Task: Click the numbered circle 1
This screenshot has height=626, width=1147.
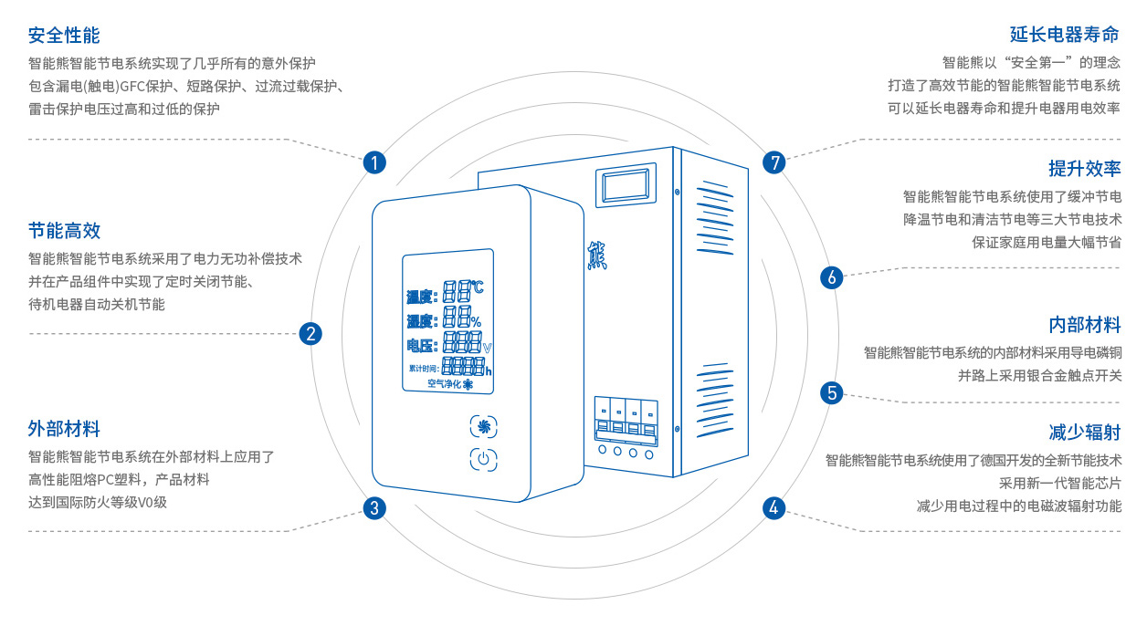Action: pos(374,163)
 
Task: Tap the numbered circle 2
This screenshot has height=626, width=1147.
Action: pos(311,334)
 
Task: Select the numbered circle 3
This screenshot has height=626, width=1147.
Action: pos(374,508)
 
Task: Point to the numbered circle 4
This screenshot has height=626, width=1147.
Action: pos(774,508)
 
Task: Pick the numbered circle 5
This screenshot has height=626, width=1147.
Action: pos(831,393)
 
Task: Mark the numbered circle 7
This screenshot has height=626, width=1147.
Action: pos(774,163)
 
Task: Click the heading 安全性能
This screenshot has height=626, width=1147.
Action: pos(64,36)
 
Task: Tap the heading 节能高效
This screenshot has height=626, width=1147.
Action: pos(64,231)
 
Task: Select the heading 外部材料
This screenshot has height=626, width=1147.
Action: pos(64,428)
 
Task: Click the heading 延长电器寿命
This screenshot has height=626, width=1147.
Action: pos(1065,36)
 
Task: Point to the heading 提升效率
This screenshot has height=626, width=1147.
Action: pos(1084,169)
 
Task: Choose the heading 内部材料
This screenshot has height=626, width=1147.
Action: pos(1084,325)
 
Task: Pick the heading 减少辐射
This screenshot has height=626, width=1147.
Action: pos(1084,432)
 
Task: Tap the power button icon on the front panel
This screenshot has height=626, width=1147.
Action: pos(484,461)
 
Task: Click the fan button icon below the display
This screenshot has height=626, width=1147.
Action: pos(485,427)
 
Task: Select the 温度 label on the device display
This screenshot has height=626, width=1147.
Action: pos(421,296)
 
